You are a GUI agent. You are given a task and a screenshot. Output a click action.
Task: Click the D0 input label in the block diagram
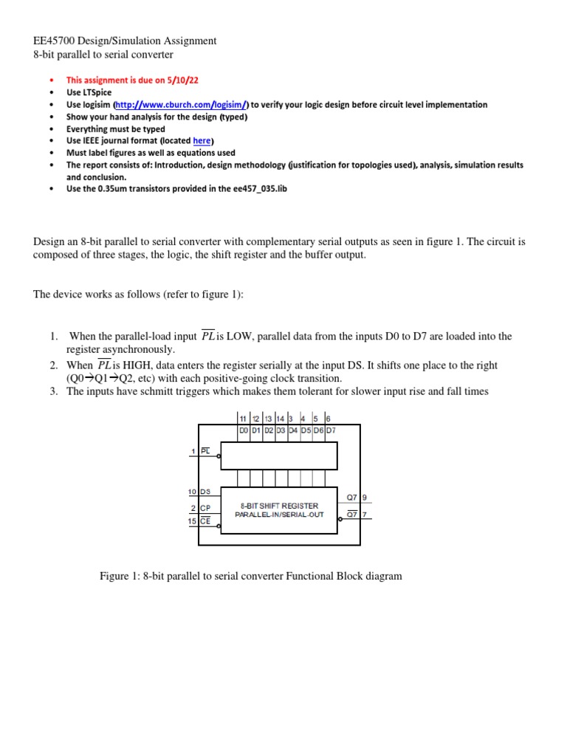(244, 430)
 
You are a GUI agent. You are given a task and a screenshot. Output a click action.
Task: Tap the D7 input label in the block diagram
(331, 430)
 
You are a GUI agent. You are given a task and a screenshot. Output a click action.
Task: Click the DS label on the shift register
(205, 491)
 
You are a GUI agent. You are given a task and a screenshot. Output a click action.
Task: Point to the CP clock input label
(205, 508)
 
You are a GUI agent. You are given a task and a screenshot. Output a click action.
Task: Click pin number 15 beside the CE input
(192, 520)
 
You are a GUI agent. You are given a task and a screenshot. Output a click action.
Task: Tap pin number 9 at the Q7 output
(364, 497)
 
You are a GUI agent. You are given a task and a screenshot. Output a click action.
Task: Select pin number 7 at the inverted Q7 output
(364, 514)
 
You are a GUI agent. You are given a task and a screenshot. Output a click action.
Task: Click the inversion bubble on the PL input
(219, 456)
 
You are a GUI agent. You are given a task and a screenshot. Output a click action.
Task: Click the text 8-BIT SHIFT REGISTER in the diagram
(279, 506)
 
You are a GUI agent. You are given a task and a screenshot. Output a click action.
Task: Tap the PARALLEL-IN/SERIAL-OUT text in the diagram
(279, 515)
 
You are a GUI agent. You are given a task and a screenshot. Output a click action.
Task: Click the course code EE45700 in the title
(56, 41)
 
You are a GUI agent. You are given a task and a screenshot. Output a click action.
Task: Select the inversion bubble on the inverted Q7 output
(340, 519)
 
